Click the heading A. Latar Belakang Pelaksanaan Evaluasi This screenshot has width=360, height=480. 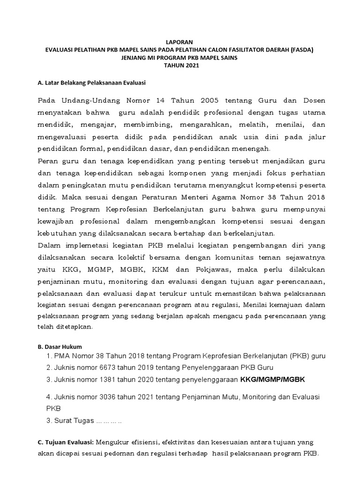pyautogui.click(x=91, y=83)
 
